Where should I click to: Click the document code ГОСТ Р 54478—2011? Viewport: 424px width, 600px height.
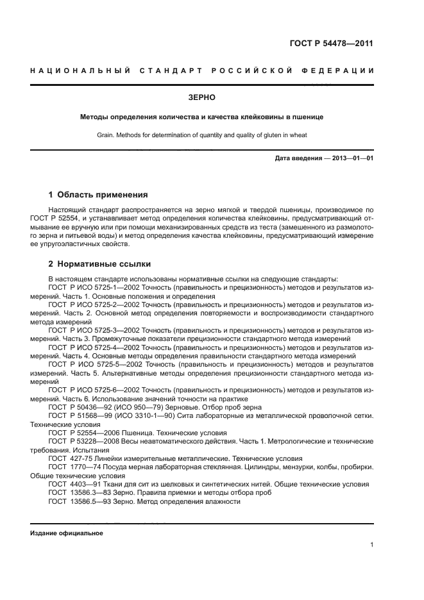(331, 44)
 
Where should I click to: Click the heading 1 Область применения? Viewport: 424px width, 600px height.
(99, 194)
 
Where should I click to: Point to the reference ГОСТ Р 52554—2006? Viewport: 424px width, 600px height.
(83, 433)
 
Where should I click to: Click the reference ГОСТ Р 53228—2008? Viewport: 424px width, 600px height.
(83, 442)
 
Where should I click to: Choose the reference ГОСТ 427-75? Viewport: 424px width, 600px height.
(69, 459)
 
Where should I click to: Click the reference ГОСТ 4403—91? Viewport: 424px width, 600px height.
(72, 485)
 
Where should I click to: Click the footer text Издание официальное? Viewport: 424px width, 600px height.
(67, 533)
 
